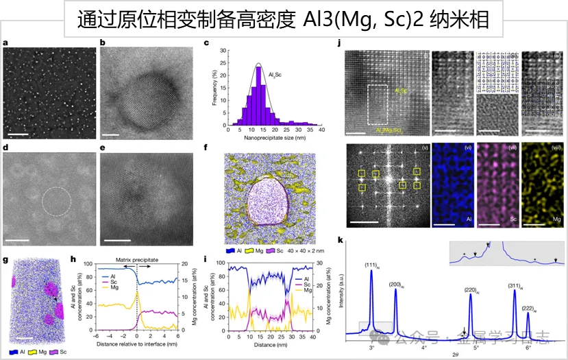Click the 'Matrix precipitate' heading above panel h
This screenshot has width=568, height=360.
136,261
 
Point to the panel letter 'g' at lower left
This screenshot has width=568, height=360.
5,260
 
